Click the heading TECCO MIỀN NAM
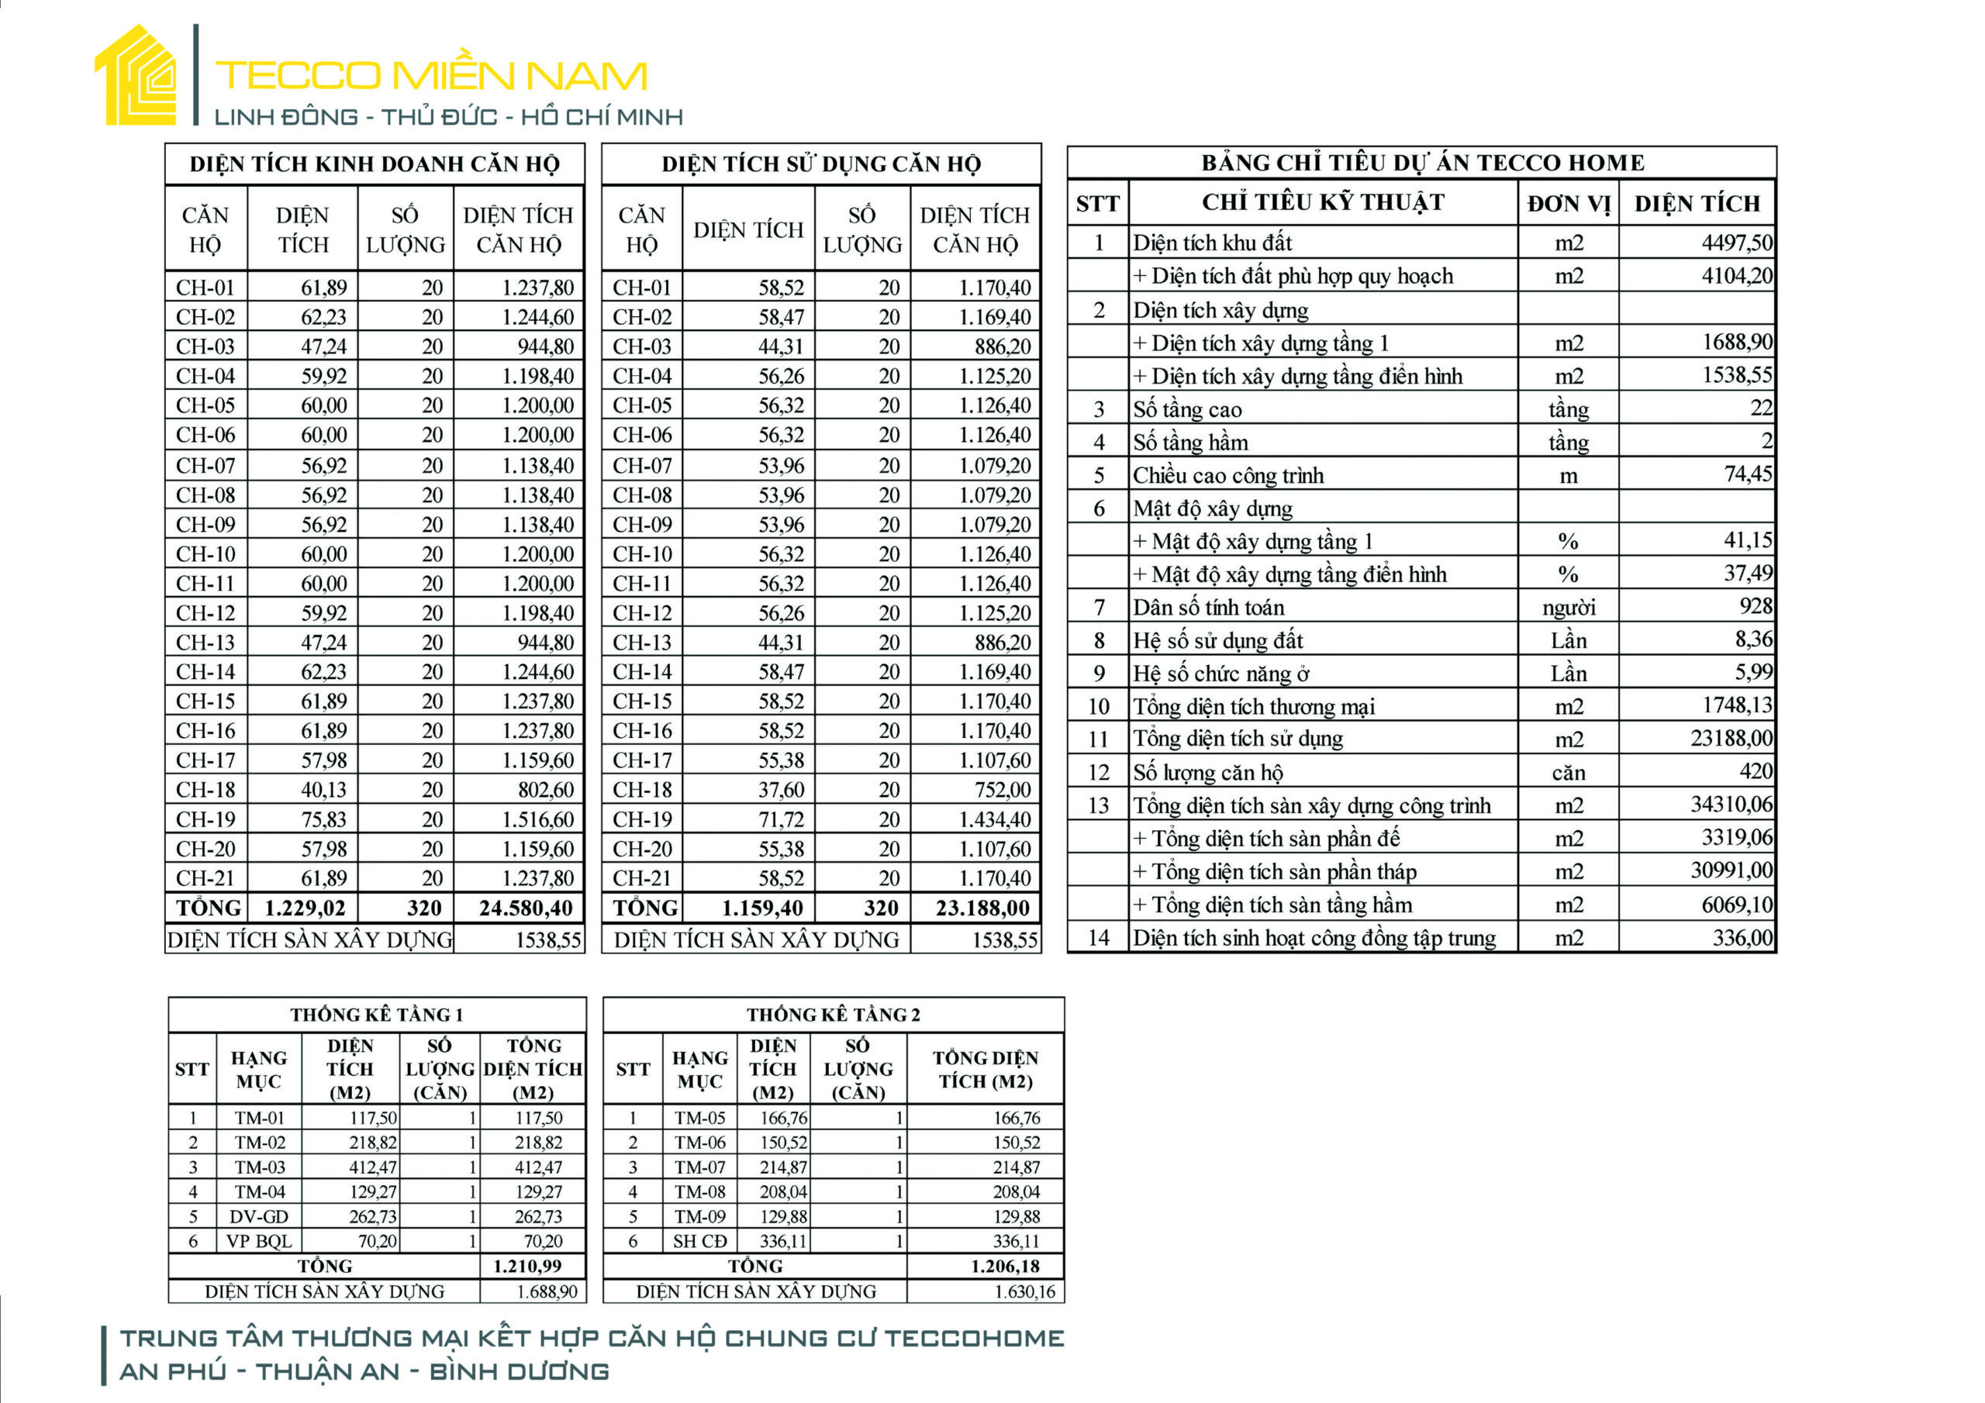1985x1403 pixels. point(430,76)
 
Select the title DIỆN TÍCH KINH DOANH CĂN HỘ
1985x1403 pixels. point(375,164)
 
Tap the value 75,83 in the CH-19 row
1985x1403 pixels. point(323,819)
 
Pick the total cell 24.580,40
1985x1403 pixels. point(526,908)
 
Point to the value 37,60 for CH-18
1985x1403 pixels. point(781,790)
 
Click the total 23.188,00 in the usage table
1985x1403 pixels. point(982,908)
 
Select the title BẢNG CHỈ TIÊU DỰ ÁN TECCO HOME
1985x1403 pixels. point(1422,163)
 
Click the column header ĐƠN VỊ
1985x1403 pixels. point(1569,204)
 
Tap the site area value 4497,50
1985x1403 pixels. point(1736,243)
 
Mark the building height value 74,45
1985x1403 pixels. point(1747,474)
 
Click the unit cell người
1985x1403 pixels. point(1569,608)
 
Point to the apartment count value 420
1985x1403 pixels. point(1755,772)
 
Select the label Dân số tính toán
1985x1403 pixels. point(1208,608)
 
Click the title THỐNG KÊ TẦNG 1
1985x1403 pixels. point(376,1015)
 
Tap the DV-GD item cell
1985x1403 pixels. point(258,1217)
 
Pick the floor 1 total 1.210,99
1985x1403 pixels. point(527,1267)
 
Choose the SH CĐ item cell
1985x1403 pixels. point(699,1241)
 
